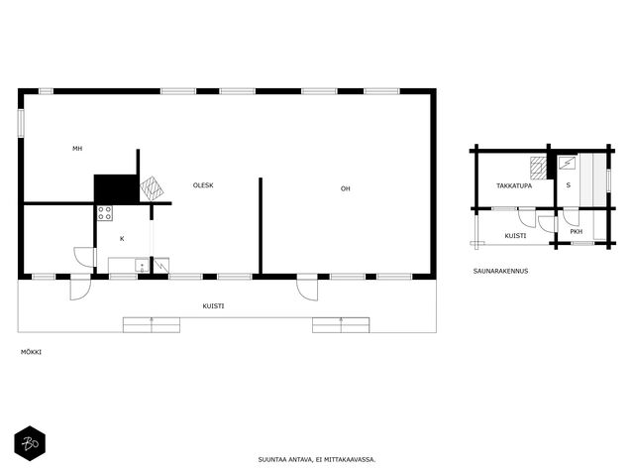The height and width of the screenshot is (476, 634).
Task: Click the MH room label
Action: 77,149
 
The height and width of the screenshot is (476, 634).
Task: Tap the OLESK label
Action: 203,185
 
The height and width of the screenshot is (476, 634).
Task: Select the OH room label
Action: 345,188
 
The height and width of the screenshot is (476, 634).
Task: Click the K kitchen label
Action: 122,239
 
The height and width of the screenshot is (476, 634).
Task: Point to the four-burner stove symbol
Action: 105,213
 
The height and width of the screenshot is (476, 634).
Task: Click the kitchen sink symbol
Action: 142,266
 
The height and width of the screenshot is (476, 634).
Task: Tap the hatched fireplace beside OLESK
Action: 152,188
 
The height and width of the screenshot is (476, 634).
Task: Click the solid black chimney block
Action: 116,188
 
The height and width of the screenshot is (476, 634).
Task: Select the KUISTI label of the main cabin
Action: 213,306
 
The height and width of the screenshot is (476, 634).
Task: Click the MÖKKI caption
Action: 31,352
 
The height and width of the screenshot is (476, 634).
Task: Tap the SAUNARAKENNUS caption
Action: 500,271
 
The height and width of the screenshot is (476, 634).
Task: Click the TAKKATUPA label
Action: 514,186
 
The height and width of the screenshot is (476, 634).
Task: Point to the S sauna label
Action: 568,185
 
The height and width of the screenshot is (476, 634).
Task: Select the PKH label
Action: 577,232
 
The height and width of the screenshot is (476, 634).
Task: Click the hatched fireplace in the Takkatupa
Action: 539,168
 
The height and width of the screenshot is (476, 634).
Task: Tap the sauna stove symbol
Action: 568,163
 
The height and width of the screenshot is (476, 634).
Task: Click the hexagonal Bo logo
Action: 30,443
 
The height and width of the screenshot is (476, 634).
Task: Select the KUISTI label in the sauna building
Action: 515,236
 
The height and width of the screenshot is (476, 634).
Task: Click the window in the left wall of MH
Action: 21,123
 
